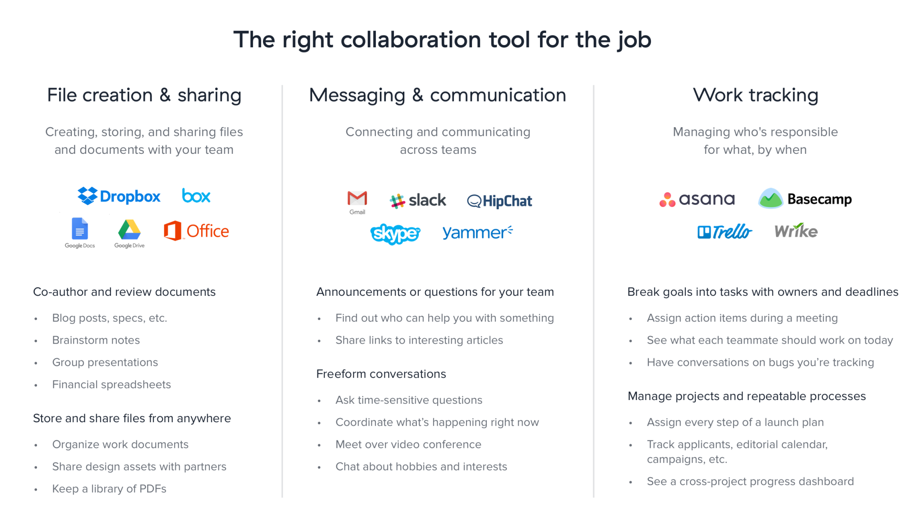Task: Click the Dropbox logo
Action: tap(119, 196)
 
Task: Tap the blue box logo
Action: tap(196, 196)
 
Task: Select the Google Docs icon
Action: tap(80, 229)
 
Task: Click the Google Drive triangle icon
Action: tap(129, 230)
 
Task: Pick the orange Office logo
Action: tap(196, 231)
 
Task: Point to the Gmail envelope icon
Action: tap(357, 198)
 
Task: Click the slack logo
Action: tap(418, 200)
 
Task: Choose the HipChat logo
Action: tap(499, 201)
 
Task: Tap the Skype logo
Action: tap(395, 234)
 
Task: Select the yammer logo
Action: tap(477, 232)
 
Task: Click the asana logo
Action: tap(697, 199)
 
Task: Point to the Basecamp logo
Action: tap(805, 198)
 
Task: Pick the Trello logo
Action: tap(725, 231)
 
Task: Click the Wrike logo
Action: tap(796, 230)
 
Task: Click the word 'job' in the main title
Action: tap(634, 40)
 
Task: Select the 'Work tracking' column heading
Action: tap(756, 95)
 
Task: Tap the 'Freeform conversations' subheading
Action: tap(381, 374)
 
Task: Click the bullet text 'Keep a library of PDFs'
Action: tap(109, 489)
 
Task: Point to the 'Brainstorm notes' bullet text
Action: tap(96, 340)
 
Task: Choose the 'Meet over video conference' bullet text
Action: tap(408, 444)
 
